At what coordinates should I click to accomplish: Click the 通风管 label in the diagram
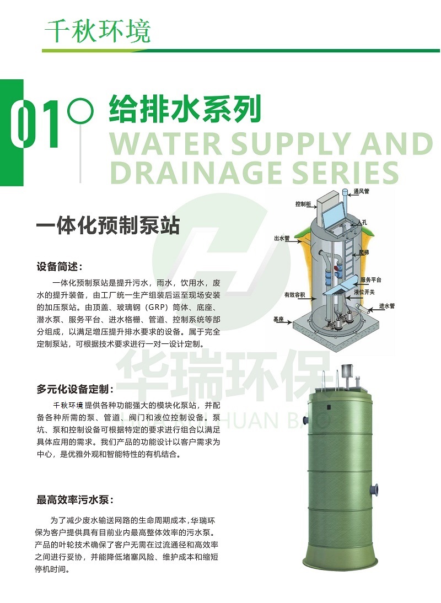point(362,191)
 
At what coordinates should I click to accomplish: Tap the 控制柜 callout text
point(303,204)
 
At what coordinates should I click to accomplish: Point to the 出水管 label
point(282,239)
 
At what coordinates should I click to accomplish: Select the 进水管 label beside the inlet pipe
point(386,306)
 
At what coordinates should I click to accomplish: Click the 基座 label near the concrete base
point(278,319)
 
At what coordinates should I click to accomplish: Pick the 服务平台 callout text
point(370,279)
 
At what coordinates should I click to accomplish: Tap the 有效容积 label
point(294,295)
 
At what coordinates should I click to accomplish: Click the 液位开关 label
point(364,292)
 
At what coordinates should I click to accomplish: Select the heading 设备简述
point(60,267)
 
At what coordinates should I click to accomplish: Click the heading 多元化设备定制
point(76,389)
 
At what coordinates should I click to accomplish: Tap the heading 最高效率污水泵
point(76,500)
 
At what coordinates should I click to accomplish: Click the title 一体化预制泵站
point(108,225)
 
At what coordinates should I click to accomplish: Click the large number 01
point(35,124)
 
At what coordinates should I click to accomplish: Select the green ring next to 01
point(80,111)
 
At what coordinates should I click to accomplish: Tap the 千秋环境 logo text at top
point(98,31)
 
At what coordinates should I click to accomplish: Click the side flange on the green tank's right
point(374,489)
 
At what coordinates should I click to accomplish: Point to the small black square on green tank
point(330,406)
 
